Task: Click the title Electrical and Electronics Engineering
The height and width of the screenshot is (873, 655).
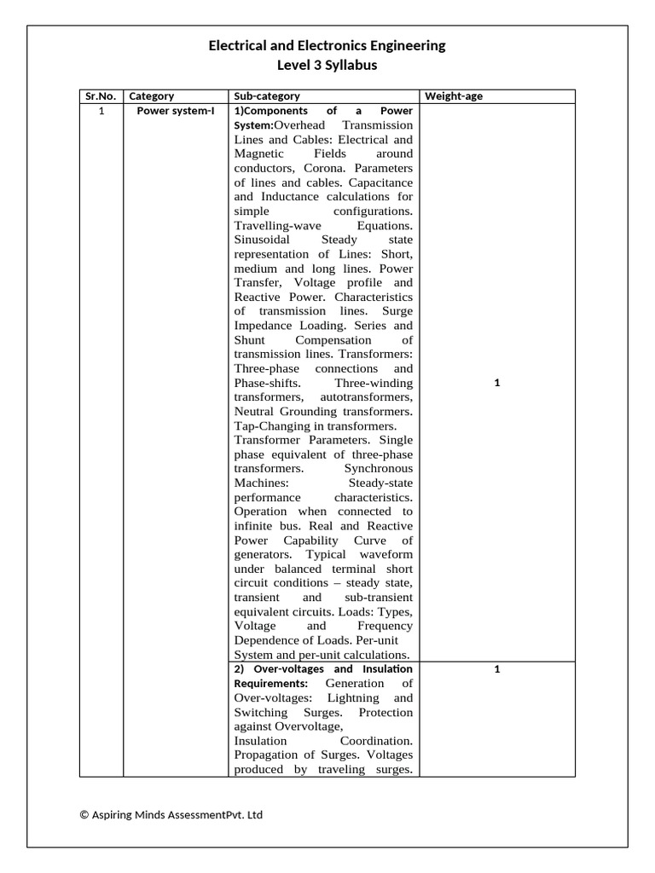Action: pyautogui.click(x=327, y=46)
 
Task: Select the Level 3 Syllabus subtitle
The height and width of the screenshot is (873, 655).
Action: pyautogui.click(x=327, y=65)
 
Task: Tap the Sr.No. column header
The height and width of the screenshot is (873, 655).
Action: pyautogui.click(x=101, y=96)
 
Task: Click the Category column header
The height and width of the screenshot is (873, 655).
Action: pyautogui.click(x=151, y=96)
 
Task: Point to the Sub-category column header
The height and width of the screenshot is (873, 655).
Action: pyautogui.click(x=266, y=96)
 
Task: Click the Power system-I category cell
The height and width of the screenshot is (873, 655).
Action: pyautogui.click(x=176, y=111)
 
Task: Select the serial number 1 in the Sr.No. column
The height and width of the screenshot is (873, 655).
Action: pyautogui.click(x=101, y=111)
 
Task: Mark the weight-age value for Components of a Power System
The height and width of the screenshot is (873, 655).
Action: pyautogui.click(x=496, y=383)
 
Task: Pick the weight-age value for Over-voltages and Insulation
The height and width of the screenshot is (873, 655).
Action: pyautogui.click(x=496, y=669)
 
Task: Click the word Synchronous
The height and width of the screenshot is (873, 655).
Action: pyautogui.click(x=378, y=469)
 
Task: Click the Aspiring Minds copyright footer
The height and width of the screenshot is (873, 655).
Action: pyautogui.click(x=171, y=815)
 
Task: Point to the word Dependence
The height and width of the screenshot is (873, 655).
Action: pyautogui.click(x=270, y=640)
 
